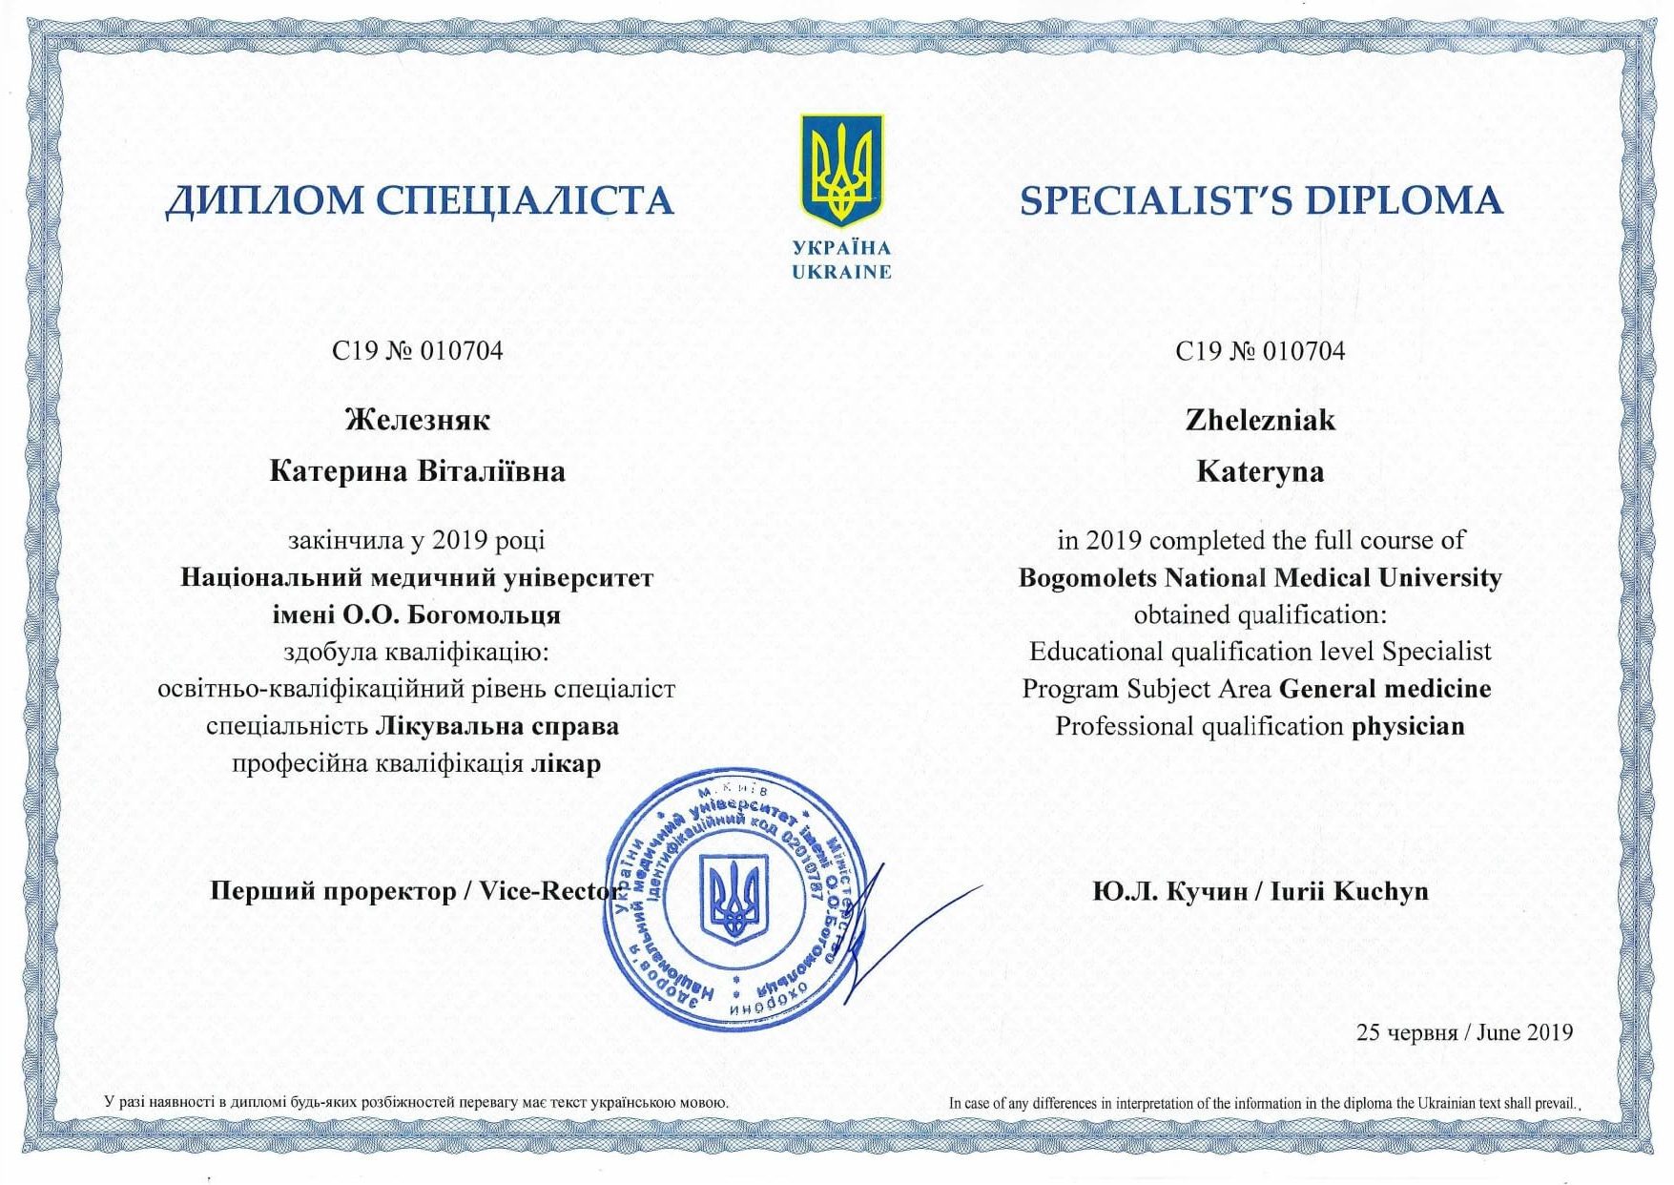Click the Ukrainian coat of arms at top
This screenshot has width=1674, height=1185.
pos(841,170)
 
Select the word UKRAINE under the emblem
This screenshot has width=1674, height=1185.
pos(841,272)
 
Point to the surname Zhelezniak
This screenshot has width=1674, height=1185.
pos(1260,420)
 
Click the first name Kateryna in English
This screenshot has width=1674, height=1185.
pos(1260,472)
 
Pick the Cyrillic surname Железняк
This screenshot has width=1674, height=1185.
pos(417,420)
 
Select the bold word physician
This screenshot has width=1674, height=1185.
pos(1408,727)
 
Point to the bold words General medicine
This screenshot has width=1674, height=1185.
pos(1385,689)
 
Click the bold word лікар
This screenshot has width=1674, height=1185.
pos(566,764)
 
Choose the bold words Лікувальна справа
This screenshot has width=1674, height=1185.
pos(497,727)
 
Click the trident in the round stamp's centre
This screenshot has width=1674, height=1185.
pos(734,898)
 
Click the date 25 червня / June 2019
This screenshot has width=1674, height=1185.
pos(1464,1032)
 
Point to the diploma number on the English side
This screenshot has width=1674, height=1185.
pos(1260,351)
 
